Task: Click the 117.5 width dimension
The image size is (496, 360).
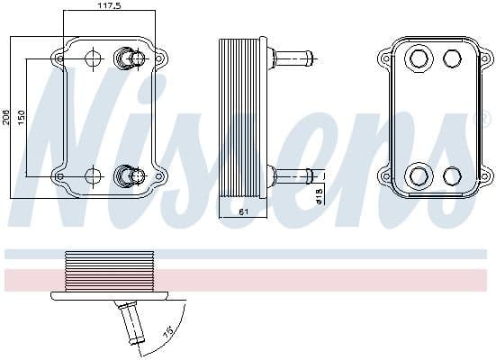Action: tap(110, 5)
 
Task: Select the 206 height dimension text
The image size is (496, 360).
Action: tap(6, 117)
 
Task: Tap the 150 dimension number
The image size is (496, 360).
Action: tap(21, 117)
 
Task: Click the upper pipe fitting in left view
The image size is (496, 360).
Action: tap(130, 59)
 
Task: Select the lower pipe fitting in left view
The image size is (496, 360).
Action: tap(130, 174)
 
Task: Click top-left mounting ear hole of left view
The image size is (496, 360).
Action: tap(60, 58)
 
